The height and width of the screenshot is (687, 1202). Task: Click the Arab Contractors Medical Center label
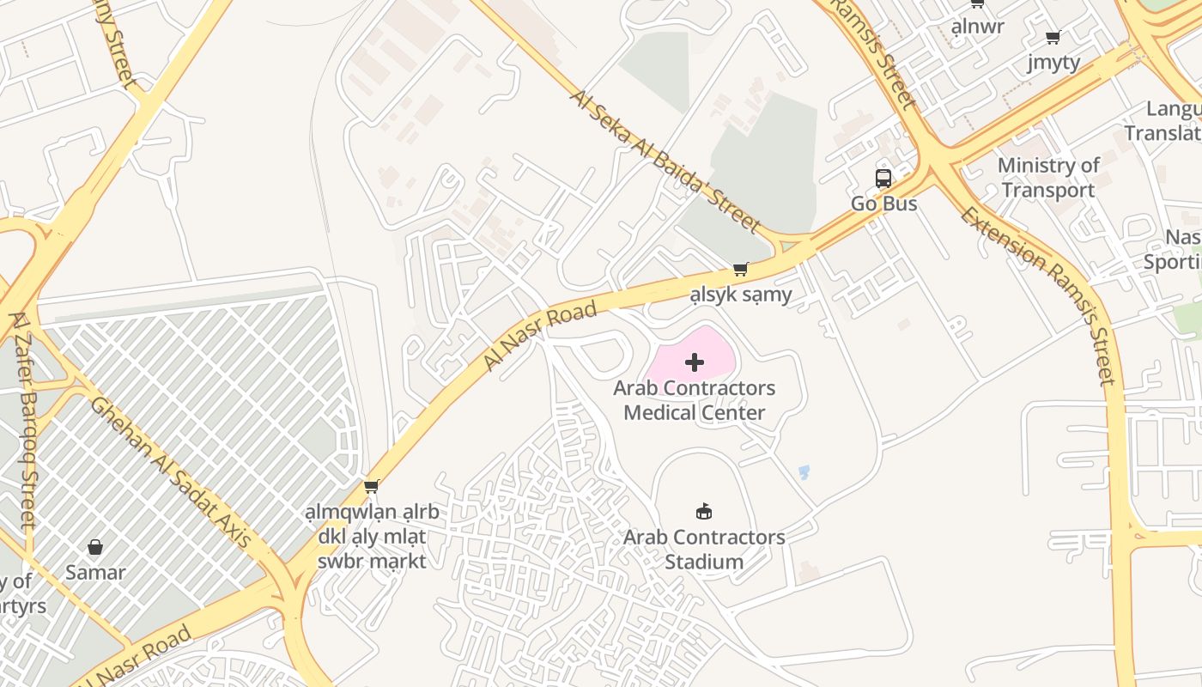[x=694, y=400]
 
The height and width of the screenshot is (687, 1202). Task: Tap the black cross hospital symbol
[x=695, y=362]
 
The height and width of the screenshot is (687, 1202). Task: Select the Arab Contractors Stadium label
[x=704, y=550]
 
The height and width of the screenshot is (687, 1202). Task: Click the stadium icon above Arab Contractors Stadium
[x=704, y=512]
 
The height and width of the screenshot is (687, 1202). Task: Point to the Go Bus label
[x=883, y=204]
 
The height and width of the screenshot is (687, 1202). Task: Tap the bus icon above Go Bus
[x=883, y=179]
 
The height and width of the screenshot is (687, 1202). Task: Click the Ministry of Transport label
[x=1048, y=178]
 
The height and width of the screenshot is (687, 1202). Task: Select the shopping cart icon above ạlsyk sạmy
[x=741, y=270]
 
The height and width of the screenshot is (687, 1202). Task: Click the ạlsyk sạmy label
[x=741, y=296]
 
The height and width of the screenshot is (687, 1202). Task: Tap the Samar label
[x=95, y=573]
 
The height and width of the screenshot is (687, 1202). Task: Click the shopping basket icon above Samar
[x=95, y=547]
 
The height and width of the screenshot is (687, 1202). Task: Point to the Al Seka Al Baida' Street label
[x=665, y=161]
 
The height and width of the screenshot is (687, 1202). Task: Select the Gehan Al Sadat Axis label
[x=171, y=472]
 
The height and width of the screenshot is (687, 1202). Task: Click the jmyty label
[x=1053, y=63]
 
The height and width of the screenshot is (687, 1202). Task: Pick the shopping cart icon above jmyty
[x=1053, y=37]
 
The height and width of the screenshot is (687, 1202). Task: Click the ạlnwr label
[x=977, y=27]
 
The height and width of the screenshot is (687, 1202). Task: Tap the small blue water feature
[x=804, y=471]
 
